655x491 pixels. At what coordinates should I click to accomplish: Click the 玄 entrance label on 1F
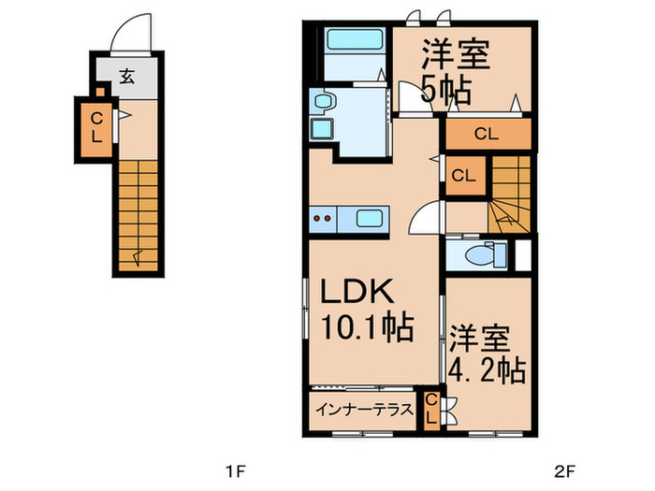[x=125, y=77]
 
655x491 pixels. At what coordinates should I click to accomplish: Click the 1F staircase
[x=138, y=213]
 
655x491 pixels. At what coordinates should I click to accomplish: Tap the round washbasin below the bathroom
[x=323, y=100]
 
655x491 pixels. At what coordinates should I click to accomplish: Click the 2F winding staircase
[x=510, y=196]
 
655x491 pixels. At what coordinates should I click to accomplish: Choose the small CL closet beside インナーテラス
[x=430, y=410]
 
